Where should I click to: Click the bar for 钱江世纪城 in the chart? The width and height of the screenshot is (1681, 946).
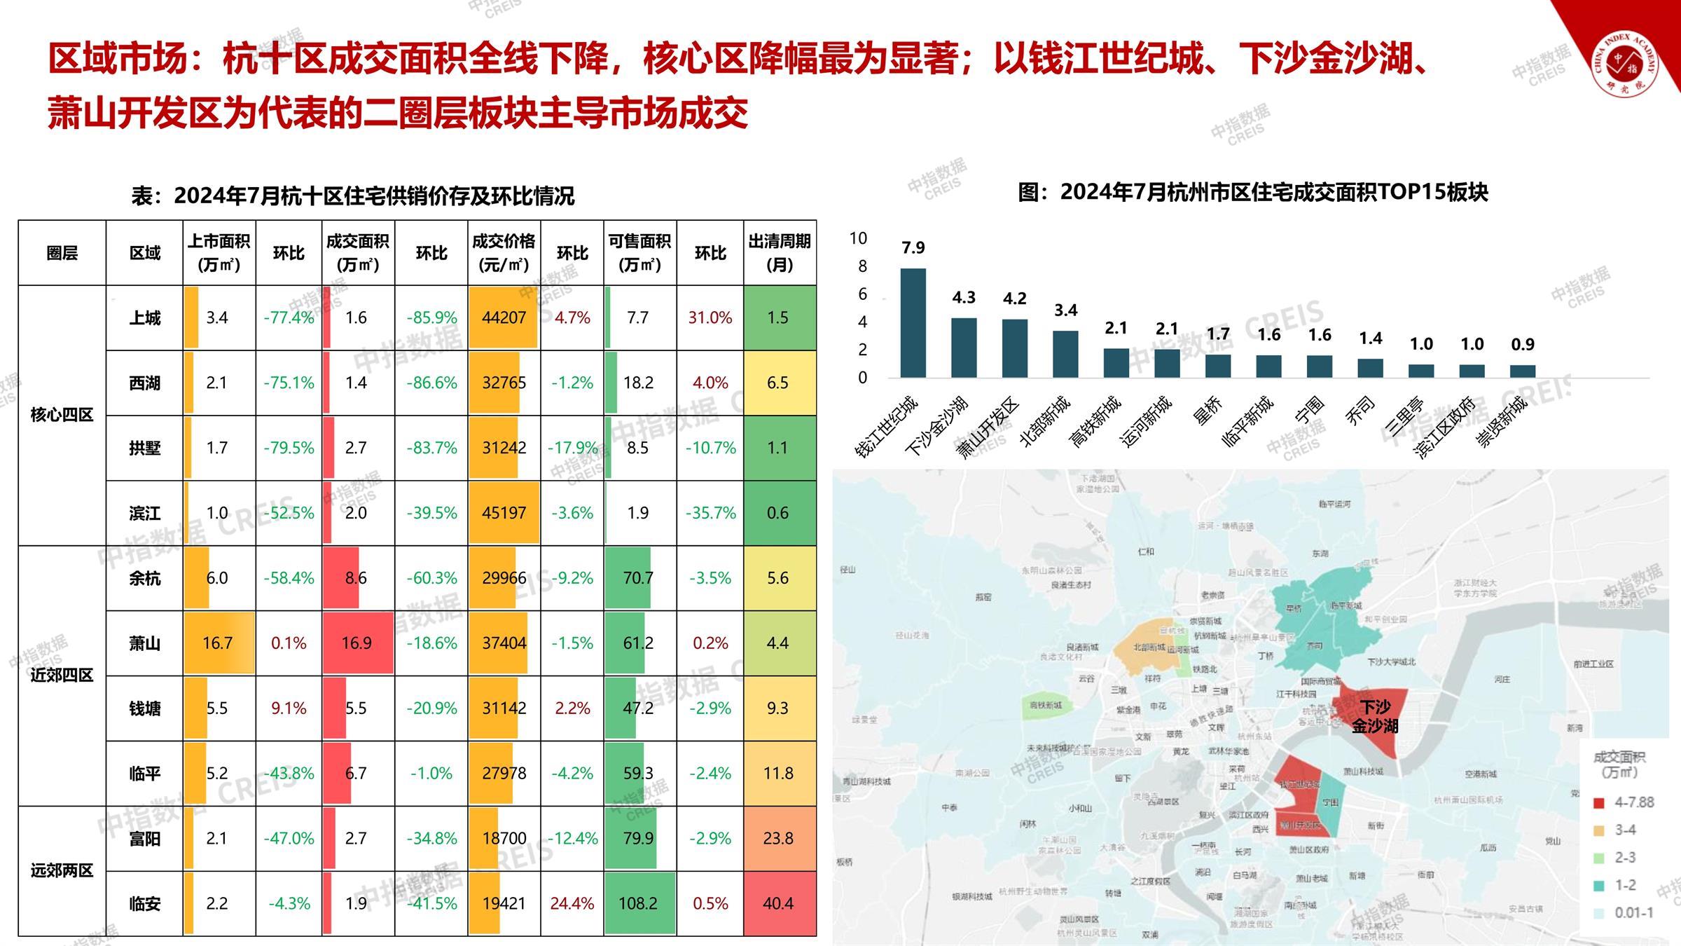[913, 322]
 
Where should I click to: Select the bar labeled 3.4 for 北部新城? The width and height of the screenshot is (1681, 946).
[1065, 354]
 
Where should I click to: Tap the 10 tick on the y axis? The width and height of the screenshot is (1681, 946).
[858, 239]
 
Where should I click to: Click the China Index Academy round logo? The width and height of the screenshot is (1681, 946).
[1624, 65]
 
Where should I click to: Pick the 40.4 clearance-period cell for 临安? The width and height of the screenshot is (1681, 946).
[779, 903]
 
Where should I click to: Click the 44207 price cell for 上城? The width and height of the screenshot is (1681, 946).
[504, 317]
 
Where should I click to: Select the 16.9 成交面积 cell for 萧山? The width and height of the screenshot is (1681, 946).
[357, 643]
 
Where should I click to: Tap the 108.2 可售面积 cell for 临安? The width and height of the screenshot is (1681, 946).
[638, 903]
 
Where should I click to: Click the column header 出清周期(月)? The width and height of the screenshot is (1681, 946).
[779, 253]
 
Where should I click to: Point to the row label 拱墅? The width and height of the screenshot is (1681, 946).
[144, 448]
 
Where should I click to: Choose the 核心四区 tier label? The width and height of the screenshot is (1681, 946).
[62, 415]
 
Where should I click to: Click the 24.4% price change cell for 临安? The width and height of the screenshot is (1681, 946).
[572, 903]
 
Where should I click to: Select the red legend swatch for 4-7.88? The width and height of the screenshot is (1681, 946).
[1598, 803]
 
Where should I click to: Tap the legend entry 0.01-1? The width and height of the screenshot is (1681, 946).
[1633, 912]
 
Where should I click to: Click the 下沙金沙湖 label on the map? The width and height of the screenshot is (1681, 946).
[1374, 716]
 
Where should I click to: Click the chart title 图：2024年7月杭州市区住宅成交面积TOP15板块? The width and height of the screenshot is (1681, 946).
[1252, 192]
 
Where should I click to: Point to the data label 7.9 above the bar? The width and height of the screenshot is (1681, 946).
[913, 248]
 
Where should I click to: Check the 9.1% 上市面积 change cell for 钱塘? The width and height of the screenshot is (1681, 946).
[289, 708]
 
